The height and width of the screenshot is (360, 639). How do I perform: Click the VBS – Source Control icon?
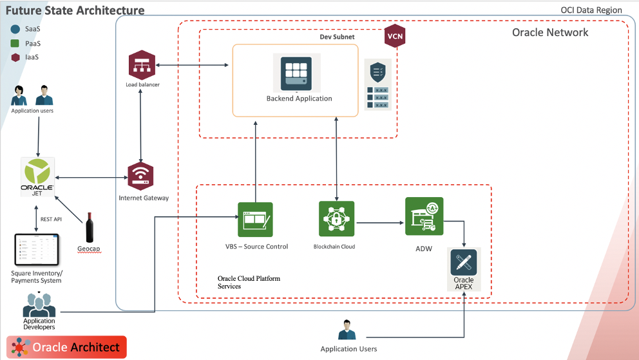pos(255,220)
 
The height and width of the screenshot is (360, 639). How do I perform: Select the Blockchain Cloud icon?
pos(336,219)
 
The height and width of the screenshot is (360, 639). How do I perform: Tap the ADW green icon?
pos(424,216)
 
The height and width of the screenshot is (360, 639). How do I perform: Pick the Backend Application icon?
pos(296,73)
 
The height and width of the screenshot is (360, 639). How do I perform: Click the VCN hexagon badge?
pos(394,36)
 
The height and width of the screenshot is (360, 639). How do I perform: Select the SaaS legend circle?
pos(15,29)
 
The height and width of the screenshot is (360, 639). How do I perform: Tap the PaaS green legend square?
pos(15,43)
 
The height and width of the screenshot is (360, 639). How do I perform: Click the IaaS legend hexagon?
pos(15,57)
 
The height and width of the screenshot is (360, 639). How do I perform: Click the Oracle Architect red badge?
pos(67,347)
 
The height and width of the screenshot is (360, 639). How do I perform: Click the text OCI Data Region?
pos(591,10)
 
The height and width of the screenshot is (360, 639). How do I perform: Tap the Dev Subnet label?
pos(337,37)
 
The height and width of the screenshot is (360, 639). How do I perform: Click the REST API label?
pos(51,219)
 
